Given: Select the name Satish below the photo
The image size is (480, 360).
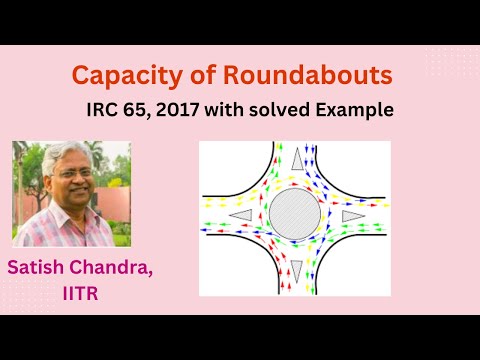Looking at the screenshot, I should click(37, 268).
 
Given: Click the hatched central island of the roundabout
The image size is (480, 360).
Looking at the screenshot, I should click(295, 214).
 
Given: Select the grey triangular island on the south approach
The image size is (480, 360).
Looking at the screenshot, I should click(296, 268).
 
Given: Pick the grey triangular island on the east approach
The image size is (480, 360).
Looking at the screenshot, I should click(351, 214).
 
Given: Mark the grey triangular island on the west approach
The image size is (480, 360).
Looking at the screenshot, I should click(240, 215).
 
